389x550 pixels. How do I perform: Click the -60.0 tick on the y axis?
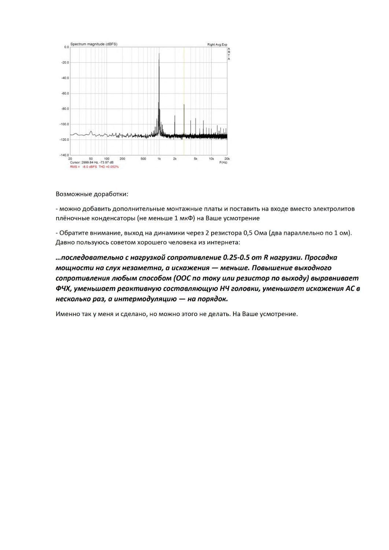point(65,93)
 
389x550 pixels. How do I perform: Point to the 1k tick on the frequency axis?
point(159,159)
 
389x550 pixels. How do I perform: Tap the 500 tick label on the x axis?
point(143,159)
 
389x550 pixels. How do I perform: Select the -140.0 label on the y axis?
point(65,155)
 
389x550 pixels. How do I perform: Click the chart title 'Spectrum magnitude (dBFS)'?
point(94,44)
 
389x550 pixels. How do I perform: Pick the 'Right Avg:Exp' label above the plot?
point(217,45)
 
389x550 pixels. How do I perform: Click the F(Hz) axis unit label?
point(223,162)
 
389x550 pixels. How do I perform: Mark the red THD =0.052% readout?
point(109,167)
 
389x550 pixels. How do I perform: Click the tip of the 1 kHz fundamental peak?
point(159,54)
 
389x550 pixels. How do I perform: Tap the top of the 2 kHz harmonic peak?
point(175,116)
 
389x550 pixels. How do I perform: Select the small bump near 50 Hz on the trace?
point(91,131)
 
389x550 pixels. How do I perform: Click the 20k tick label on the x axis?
point(227,159)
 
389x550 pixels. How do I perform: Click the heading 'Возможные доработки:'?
point(92,194)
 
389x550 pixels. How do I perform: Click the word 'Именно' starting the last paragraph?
point(67,314)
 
